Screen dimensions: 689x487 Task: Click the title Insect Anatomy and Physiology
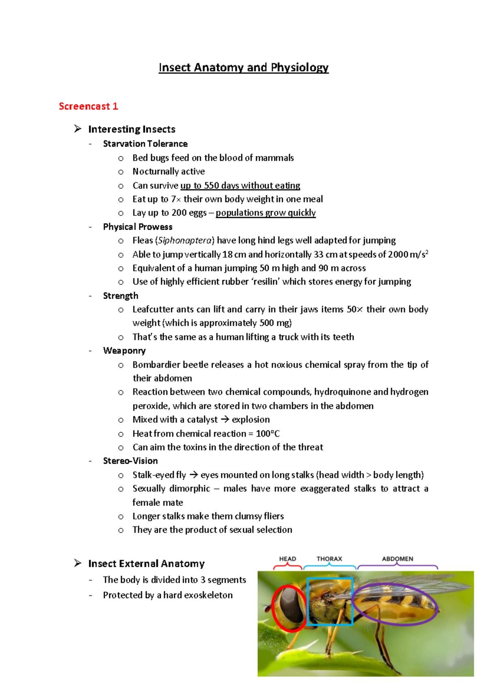[x=243, y=67]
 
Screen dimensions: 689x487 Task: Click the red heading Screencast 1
[x=88, y=106]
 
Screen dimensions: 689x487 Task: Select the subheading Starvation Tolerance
[x=145, y=144]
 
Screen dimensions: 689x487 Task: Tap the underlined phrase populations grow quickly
[x=265, y=213]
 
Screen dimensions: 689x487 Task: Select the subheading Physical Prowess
[x=138, y=226]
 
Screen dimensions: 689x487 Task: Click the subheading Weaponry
[x=124, y=351]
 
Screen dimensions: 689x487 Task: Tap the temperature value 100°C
[x=267, y=433]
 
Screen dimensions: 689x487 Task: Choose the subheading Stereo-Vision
[x=130, y=461]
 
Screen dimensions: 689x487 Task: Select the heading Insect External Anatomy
[x=146, y=564]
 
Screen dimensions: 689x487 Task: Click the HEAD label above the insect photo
[x=287, y=559]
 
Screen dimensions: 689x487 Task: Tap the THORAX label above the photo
[x=329, y=559]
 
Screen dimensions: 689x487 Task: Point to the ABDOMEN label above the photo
[x=397, y=559]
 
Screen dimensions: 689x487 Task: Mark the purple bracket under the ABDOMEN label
[x=397, y=566]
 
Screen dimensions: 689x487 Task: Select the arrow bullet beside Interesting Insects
[x=78, y=129]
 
